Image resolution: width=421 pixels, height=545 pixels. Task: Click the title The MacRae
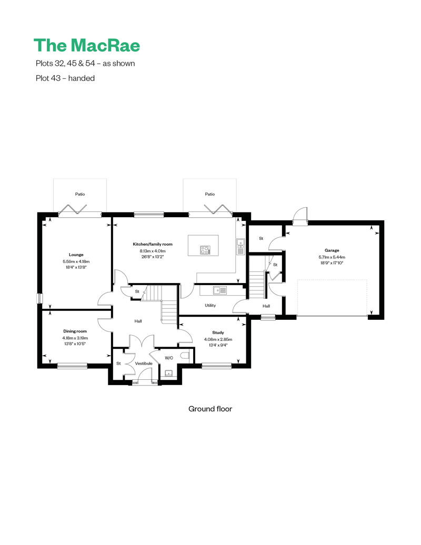coord(87,45)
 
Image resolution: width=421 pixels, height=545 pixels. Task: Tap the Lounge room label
coord(76,255)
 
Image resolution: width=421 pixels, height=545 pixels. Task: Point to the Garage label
coord(332,250)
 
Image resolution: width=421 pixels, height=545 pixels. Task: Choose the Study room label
coord(218,332)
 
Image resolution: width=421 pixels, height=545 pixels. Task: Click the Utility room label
coord(210,305)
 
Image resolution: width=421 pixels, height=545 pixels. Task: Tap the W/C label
coord(169,358)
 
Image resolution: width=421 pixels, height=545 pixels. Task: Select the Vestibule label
coord(143,364)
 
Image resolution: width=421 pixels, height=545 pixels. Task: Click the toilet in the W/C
coord(184,356)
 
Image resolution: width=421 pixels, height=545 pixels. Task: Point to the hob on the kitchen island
coord(205,250)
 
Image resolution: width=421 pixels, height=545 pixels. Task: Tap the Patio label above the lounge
coord(80,194)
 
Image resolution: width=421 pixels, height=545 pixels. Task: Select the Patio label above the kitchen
coord(210,194)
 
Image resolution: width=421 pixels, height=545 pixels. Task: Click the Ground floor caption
coord(210,409)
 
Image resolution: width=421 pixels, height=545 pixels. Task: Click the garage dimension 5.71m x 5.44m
coord(332,257)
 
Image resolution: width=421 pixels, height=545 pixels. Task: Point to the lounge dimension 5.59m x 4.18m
coord(76,261)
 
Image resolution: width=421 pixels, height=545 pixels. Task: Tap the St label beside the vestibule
coord(118,364)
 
